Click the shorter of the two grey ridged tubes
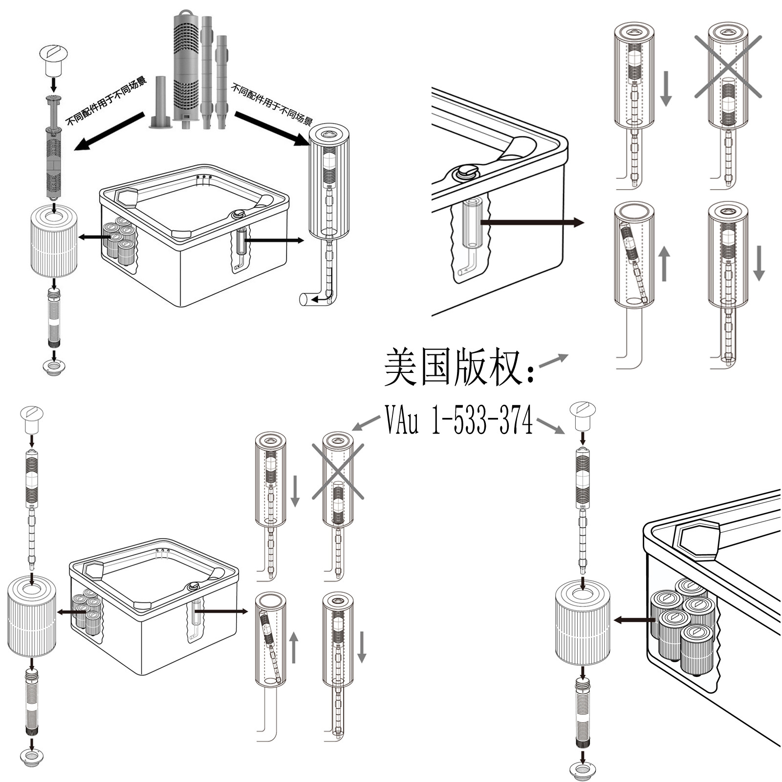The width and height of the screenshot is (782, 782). pos(222,82)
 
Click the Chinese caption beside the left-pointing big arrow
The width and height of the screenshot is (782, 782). pos(106,101)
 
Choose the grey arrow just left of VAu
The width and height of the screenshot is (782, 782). pos(366,423)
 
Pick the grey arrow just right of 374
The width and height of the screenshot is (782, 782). pos(550,426)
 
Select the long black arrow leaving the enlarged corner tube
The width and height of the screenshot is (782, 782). pos(532,223)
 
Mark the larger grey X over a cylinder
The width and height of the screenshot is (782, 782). pos(728,66)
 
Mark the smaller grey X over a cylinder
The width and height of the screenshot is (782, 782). pos(338,472)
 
